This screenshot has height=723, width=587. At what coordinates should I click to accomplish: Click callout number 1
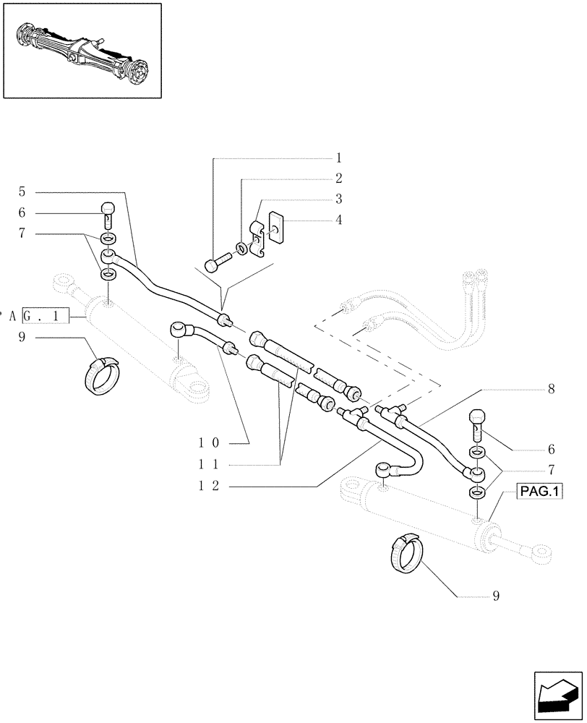coord(338,157)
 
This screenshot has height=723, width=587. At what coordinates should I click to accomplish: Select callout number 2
coord(338,178)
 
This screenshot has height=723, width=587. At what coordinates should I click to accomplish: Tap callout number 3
coord(338,199)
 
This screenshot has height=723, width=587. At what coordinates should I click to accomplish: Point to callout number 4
coord(338,219)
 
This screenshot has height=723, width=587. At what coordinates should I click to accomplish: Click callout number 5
coord(22,192)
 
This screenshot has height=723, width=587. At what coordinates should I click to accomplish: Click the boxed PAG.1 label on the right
coord(539,492)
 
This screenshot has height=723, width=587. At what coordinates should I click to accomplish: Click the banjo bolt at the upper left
coord(107,214)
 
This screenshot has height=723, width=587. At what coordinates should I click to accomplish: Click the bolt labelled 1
coord(216,263)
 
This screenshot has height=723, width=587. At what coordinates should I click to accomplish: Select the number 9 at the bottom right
coord(496,596)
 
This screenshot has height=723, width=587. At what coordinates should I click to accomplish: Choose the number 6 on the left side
coord(22,213)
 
